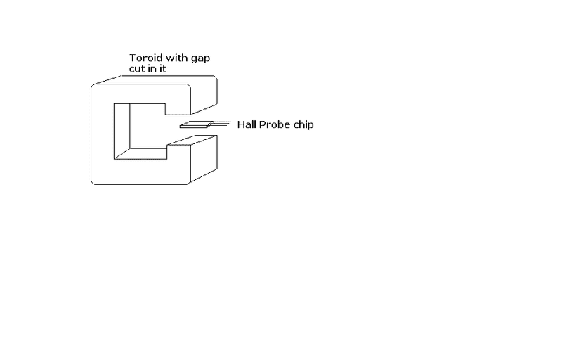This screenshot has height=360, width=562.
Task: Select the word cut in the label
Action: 136,69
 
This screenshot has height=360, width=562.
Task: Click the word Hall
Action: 247,124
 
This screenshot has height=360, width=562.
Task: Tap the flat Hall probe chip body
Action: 196,124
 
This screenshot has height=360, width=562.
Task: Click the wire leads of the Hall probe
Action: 221,124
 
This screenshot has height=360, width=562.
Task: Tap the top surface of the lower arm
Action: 192,140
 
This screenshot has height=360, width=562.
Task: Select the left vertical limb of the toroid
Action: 103,134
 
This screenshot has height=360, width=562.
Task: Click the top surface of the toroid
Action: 155,80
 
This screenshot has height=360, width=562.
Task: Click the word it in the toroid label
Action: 163,69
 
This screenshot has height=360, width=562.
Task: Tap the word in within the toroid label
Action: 152,69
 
